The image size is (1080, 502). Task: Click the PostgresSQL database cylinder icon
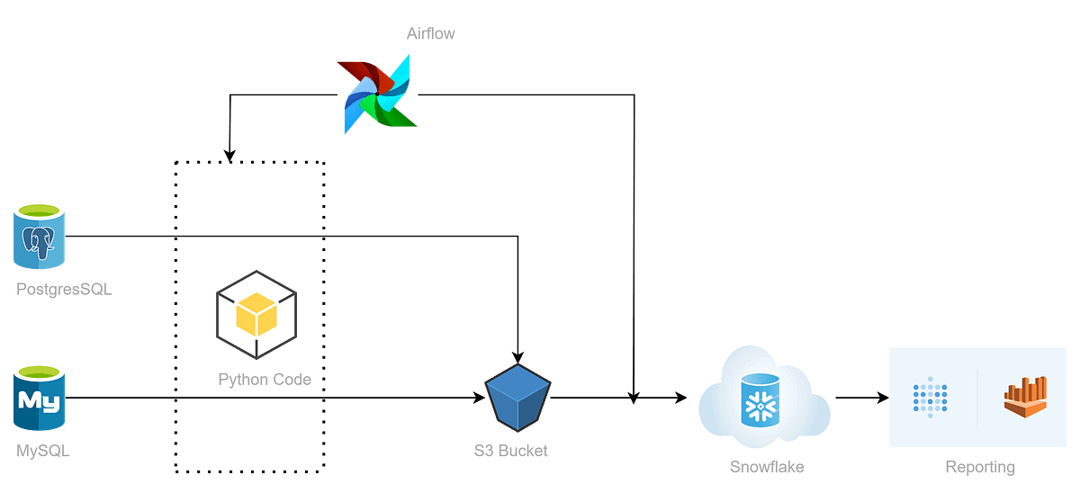tap(39, 236)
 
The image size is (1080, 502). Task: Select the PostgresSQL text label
tap(65, 290)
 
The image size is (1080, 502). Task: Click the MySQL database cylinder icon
tap(39, 398)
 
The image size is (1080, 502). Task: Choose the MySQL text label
tap(42, 451)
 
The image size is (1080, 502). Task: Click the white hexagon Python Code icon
tap(256, 316)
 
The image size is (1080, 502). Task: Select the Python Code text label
tap(265, 380)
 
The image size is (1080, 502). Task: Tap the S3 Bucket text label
tap(510, 451)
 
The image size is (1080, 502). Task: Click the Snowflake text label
tap(766, 467)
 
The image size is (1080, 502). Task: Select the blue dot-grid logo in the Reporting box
tap(931, 398)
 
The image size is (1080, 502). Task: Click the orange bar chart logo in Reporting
tap(1026, 397)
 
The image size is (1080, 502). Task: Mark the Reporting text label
tap(980, 467)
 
